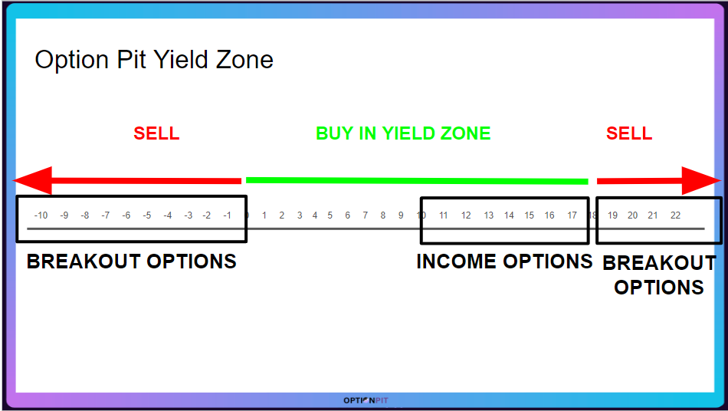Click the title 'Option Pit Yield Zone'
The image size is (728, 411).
(154, 60)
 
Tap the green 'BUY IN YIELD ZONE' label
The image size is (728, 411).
(403, 133)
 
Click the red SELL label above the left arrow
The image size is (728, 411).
(156, 133)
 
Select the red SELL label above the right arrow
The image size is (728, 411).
(629, 133)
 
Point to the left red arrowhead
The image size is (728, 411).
(32, 180)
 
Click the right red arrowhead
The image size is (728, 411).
(701, 181)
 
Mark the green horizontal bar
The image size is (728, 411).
(417, 181)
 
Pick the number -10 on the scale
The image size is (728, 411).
(41, 215)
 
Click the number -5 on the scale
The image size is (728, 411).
(146, 215)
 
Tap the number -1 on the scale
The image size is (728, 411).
(227, 215)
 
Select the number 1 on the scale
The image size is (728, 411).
(264, 215)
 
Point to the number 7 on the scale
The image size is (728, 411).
(366, 215)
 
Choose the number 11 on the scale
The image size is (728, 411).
(444, 215)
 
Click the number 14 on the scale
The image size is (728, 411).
(510, 215)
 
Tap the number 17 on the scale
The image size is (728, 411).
(572, 215)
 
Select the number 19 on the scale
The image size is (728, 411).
(613, 215)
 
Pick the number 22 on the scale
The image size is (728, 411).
(676, 215)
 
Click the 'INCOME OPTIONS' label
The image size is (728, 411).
(505, 261)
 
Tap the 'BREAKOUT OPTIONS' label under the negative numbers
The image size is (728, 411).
(131, 261)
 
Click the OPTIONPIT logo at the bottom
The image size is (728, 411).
(366, 400)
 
